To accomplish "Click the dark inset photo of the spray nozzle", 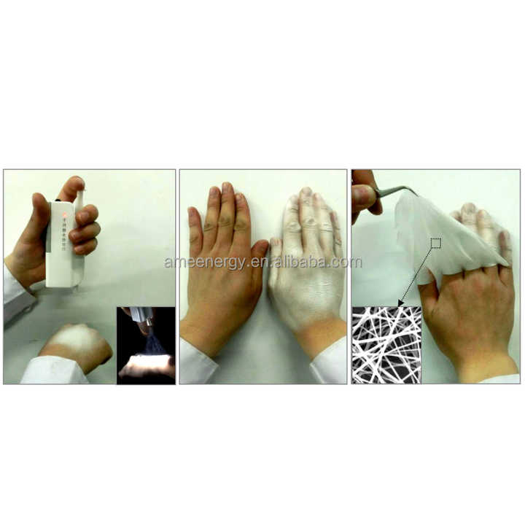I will point(146,345).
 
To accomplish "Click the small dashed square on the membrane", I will point(436,243).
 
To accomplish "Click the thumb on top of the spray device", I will point(73,188).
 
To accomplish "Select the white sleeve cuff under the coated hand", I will point(328,365).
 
